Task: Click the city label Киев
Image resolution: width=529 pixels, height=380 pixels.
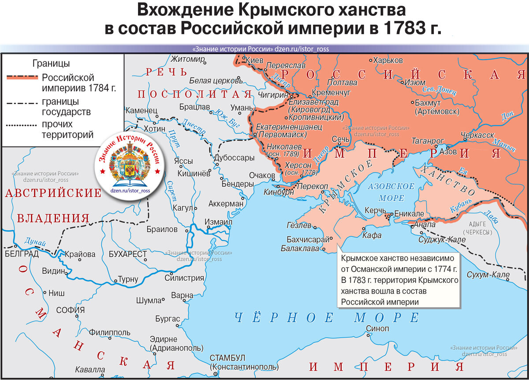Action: click(x=254, y=60)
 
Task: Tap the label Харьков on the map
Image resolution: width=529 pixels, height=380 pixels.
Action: click(x=388, y=60)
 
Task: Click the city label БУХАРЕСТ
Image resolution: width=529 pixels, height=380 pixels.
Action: click(x=128, y=255)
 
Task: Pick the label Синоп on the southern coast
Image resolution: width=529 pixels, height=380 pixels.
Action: click(x=378, y=329)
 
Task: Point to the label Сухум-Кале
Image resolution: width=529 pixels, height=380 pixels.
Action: click(x=488, y=275)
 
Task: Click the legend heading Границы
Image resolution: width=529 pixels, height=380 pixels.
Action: click(x=51, y=64)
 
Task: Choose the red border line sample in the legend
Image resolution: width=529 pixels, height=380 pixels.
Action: click(x=22, y=78)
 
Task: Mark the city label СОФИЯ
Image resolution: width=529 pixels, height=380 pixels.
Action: click(x=71, y=310)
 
